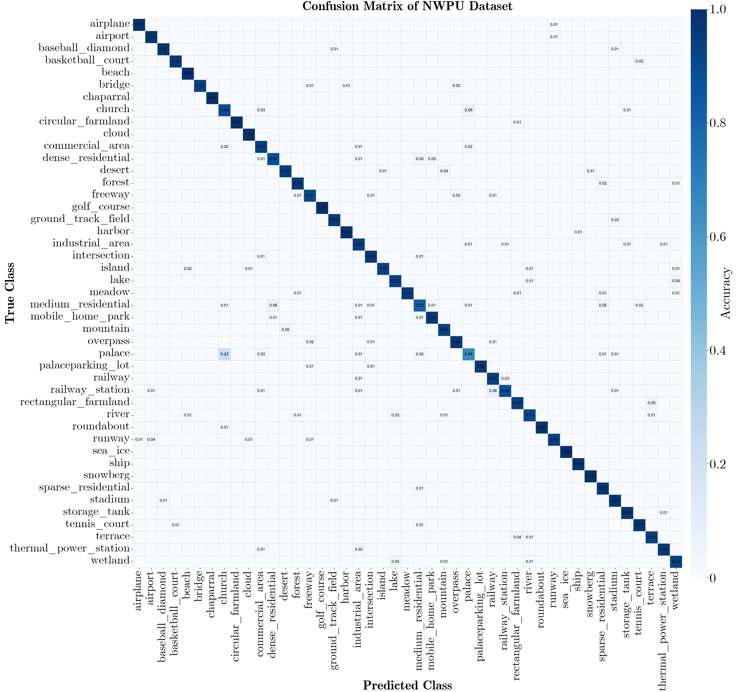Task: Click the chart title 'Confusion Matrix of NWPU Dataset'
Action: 407,6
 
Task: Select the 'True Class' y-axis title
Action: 10,293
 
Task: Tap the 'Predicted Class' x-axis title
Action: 407,685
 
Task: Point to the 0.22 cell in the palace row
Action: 224,354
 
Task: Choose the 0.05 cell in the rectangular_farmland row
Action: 651,403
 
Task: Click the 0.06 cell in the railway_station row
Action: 493,391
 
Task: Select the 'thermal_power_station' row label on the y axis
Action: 70,549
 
